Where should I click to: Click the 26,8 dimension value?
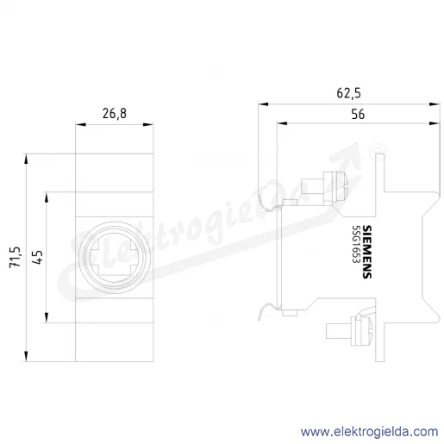(115, 114)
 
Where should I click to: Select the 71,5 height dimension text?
(15, 257)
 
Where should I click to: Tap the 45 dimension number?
(37, 257)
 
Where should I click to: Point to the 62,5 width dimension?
(348, 93)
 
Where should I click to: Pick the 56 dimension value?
(358, 114)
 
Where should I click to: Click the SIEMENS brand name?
(366, 252)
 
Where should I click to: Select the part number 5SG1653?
(356, 244)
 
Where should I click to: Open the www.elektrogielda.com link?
(370, 432)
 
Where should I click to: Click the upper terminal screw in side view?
(325, 188)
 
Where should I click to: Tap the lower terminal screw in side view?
(349, 330)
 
